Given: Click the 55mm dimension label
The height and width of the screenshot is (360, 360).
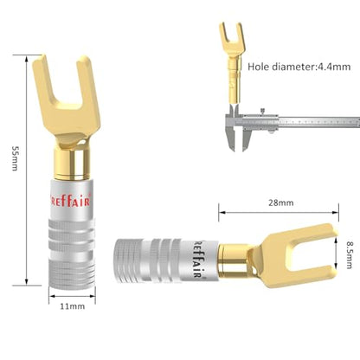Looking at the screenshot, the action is coord(16,157).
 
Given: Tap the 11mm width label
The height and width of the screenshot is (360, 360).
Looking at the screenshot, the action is coord(73,306).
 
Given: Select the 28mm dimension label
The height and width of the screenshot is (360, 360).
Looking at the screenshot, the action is coord(281,202).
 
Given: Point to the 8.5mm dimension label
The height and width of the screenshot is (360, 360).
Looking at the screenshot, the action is coord(349,254).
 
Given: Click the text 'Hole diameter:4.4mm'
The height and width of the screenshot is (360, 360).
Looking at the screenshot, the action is coord(299,67).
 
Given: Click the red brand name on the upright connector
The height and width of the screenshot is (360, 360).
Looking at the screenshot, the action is coord(71,201).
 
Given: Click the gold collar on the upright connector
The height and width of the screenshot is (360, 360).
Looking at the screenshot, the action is coord(72,163).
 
